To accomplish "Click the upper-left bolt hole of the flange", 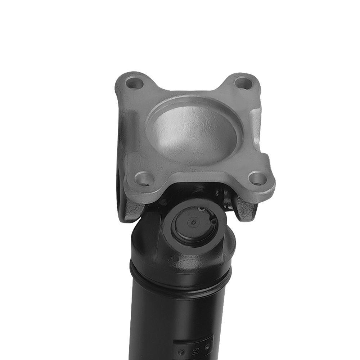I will pyautogui.click(x=135, y=84).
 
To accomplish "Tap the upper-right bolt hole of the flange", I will pyautogui.click(x=243, y=83).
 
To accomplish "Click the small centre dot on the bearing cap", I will pyautogui.click(x=194, y=222).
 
